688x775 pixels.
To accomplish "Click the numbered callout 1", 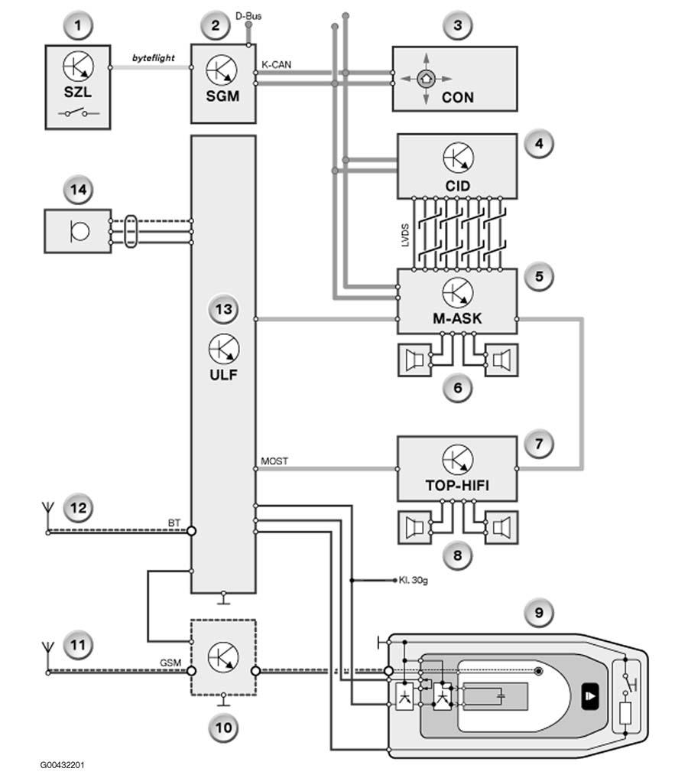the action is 78,26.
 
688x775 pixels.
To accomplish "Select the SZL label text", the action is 77,92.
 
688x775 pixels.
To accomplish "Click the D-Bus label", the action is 248,16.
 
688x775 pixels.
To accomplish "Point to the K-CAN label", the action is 276,64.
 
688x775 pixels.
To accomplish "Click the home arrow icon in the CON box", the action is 426,78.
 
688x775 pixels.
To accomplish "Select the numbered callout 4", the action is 539,144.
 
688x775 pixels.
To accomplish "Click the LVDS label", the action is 405,236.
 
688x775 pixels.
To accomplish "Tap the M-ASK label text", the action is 457,318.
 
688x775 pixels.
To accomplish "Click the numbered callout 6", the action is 457,388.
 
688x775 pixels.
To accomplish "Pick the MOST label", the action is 274,461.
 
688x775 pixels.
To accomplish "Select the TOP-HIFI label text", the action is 457,485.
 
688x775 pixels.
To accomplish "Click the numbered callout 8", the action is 457,555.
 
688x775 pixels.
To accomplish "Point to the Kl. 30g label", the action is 414,580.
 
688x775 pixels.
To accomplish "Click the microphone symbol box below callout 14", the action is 77,231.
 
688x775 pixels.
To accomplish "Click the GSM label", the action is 170,663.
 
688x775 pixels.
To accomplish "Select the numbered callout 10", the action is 223,728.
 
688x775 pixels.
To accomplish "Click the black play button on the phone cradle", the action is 590,696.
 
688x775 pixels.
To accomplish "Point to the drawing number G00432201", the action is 62,765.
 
